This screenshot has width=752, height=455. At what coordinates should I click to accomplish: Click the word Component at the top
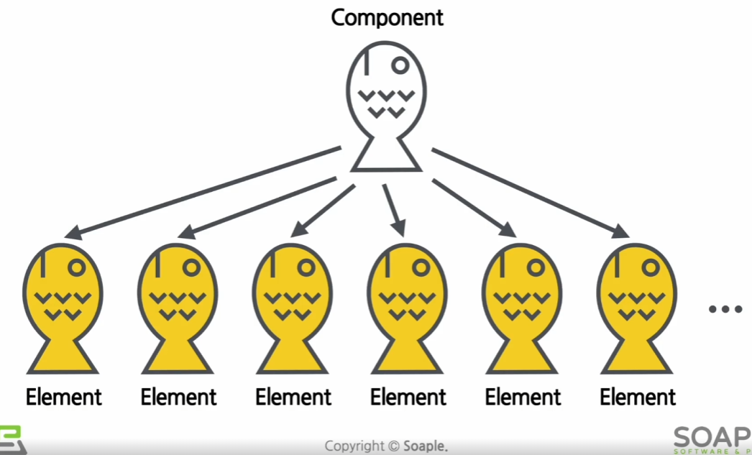387,18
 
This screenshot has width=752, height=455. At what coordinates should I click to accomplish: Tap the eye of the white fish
400,65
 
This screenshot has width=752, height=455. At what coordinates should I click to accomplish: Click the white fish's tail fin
386,157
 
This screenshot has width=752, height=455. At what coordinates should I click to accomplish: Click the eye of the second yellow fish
191,267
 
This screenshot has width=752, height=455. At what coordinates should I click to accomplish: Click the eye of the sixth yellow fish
650,267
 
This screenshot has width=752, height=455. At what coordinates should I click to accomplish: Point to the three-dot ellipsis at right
725,309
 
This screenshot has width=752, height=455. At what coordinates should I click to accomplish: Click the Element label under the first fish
63,397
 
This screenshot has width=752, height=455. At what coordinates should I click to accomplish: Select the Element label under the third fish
293,397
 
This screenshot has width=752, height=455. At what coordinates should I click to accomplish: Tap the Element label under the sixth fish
638,397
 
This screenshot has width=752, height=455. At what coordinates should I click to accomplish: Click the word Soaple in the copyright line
425,446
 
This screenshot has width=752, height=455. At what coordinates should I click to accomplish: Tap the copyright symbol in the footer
393,446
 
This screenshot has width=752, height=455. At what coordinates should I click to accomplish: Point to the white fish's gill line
367,63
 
